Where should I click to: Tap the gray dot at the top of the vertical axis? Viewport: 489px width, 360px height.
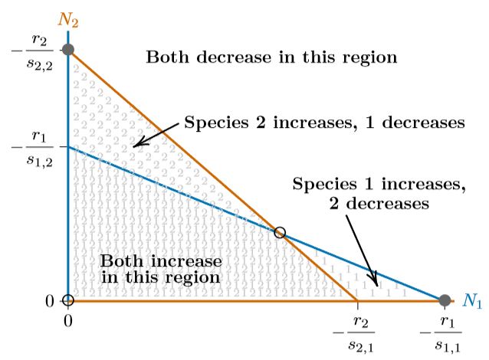[x=68, y=50]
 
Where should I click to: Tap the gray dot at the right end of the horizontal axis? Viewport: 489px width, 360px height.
[x=444, y=300]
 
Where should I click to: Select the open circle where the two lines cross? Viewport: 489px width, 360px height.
[x=280, y=232]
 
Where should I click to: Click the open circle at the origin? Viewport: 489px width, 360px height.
[x=68, y=300]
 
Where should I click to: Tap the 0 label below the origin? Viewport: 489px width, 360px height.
[x=68, y=318]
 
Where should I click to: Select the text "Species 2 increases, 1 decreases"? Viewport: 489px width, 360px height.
[x=324, y=123]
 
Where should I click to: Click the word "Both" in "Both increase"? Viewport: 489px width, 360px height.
[x=120, y=260]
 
